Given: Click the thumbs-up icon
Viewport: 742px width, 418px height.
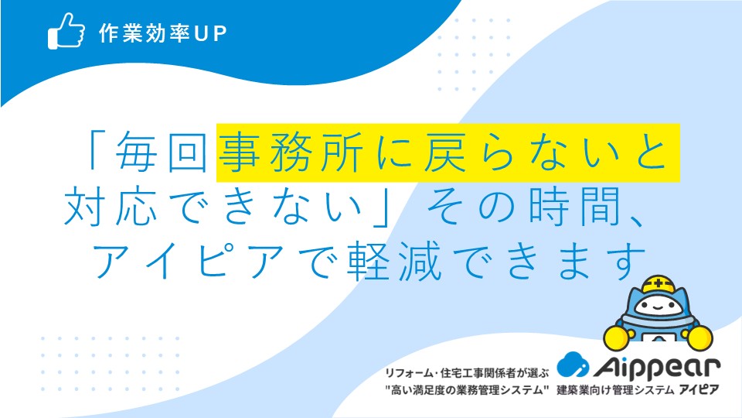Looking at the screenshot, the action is point(66,31).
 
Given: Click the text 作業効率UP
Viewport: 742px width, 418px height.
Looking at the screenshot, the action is point(163,33).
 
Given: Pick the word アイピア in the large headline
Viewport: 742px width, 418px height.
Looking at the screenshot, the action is point(187,261).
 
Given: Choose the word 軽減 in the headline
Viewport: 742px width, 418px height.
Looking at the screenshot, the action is point(393,261).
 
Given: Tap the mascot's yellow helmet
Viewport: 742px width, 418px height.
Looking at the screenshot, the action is point(659,285).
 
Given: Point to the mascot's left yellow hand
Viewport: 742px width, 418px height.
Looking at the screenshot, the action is point(617,337).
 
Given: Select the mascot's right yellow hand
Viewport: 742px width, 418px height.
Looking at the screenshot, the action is point(700,338).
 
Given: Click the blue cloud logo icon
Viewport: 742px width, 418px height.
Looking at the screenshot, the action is point(573,365).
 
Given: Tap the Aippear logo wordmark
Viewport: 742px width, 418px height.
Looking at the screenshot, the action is point(657,367).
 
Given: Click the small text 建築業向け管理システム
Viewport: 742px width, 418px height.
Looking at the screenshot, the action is point(615,390).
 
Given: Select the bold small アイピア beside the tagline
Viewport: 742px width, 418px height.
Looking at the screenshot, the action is point(699,390).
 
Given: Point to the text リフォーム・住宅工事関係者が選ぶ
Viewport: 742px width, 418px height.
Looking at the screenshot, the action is point(467,373).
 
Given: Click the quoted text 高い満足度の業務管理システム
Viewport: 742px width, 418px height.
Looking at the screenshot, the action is point(467,390).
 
